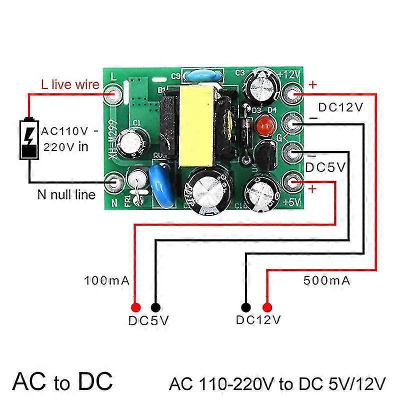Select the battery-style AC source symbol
click(x=28, y=138)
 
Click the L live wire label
click(x=69, y=85)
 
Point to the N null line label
click(x=66, y=194)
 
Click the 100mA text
click(x=107, y=280)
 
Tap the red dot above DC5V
click(x=135, y=307)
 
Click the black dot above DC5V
click(x=155, y=307)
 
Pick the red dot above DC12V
click(x=267, y=307)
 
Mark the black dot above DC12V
click(x=246, y=307)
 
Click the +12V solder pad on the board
click(x=291, y=92)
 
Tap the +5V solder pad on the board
click(x=291, y=181)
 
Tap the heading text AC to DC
click(x=62, y=381)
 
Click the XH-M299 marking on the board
click(x=113, y=139)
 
